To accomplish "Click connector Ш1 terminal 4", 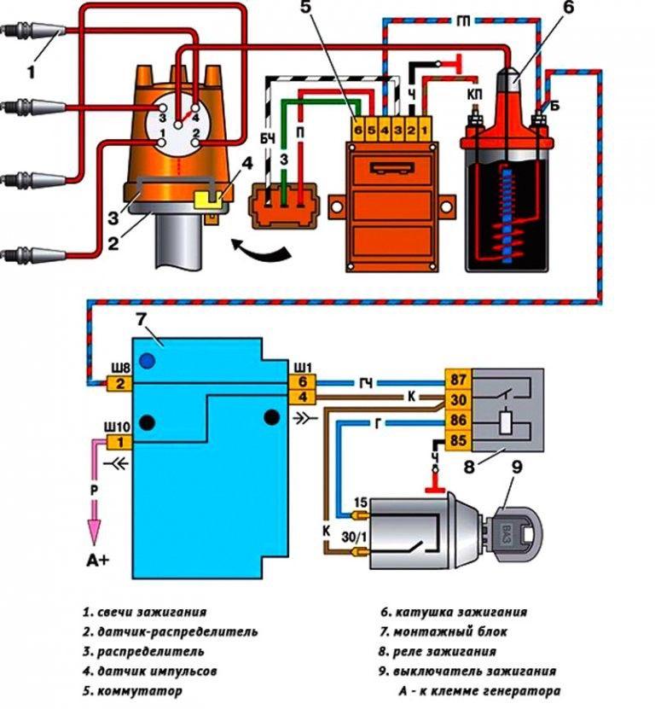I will [306, 398].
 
